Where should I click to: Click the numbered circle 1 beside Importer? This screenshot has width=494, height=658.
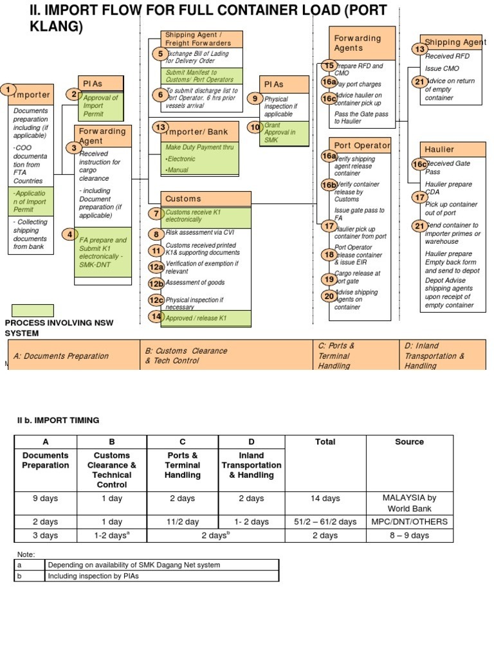click(x=8, y=89)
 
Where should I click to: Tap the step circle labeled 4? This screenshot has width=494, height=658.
click(x=69, y=234)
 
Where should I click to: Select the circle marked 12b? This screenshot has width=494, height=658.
click(x=156, y=284)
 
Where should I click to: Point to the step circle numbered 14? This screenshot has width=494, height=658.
click(x=156, y=316)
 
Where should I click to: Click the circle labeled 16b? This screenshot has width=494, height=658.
click(x=329, y=185)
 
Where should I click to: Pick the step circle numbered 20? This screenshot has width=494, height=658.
click(x=329, y=296)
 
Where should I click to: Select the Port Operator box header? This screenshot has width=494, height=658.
click(x=361, y=145)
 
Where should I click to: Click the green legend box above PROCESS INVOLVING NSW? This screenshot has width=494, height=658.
click(x=32, y=311)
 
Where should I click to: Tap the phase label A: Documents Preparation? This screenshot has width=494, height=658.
click(x=61, y=356)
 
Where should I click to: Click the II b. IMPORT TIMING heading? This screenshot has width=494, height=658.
click(x=58, y=420)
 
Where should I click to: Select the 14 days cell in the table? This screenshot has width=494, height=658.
click(x=325, y=498)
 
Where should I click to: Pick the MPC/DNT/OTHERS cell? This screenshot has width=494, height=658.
click(x=409, y=522)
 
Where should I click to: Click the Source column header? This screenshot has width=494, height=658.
click(x=409, y=442)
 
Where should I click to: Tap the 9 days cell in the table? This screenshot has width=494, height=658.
click(x=45, y=498)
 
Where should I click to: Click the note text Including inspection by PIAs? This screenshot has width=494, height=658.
click(x=93, y=576)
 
